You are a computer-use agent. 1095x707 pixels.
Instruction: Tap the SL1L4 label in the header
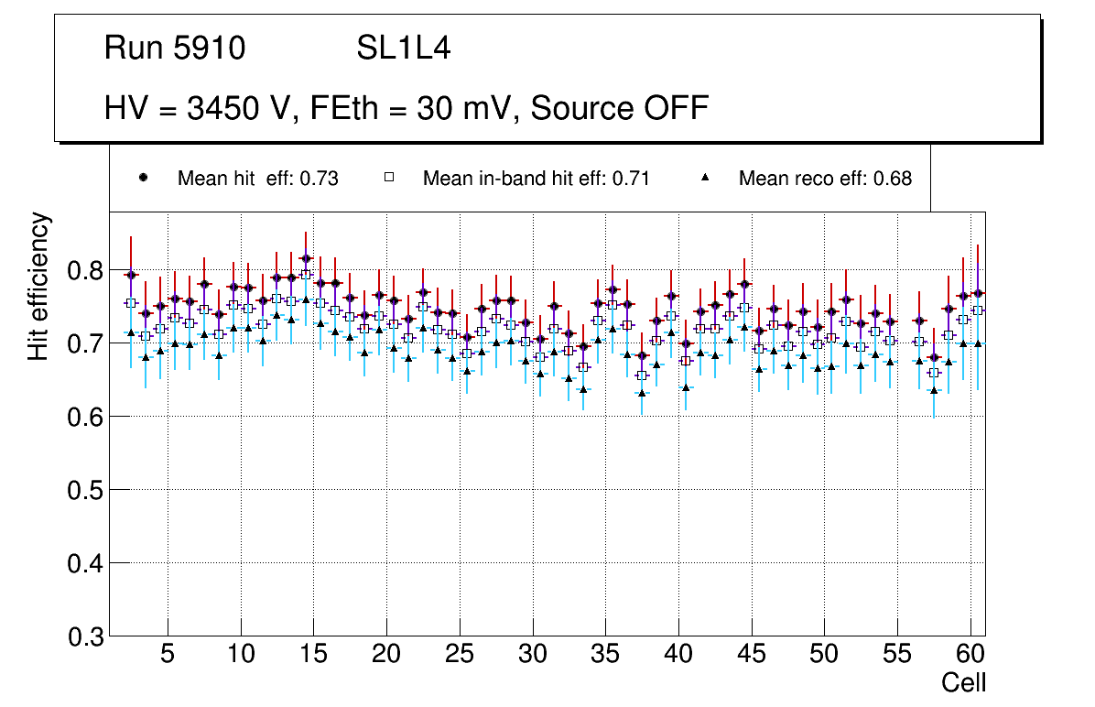click(403, 49)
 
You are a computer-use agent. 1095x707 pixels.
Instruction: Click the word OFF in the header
click(676, 108)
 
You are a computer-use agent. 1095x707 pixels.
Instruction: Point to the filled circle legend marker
click(143, 178)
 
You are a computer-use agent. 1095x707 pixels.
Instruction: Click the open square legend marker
click(389, 178)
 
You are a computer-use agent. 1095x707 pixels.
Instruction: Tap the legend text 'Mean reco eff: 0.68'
click(825, 179)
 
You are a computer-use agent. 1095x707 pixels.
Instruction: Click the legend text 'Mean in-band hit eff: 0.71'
click(536, 179)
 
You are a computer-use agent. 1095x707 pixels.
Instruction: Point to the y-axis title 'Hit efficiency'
click(38, 286)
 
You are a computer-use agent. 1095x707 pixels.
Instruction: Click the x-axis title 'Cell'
click(964, 682)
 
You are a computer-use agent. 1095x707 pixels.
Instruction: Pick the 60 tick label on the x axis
click(970, 656)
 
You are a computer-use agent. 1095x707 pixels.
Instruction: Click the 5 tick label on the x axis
click(168, 656)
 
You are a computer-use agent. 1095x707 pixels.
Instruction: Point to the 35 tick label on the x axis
click(605, 656)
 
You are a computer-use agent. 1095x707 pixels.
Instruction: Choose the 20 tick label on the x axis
click(386, 656)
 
